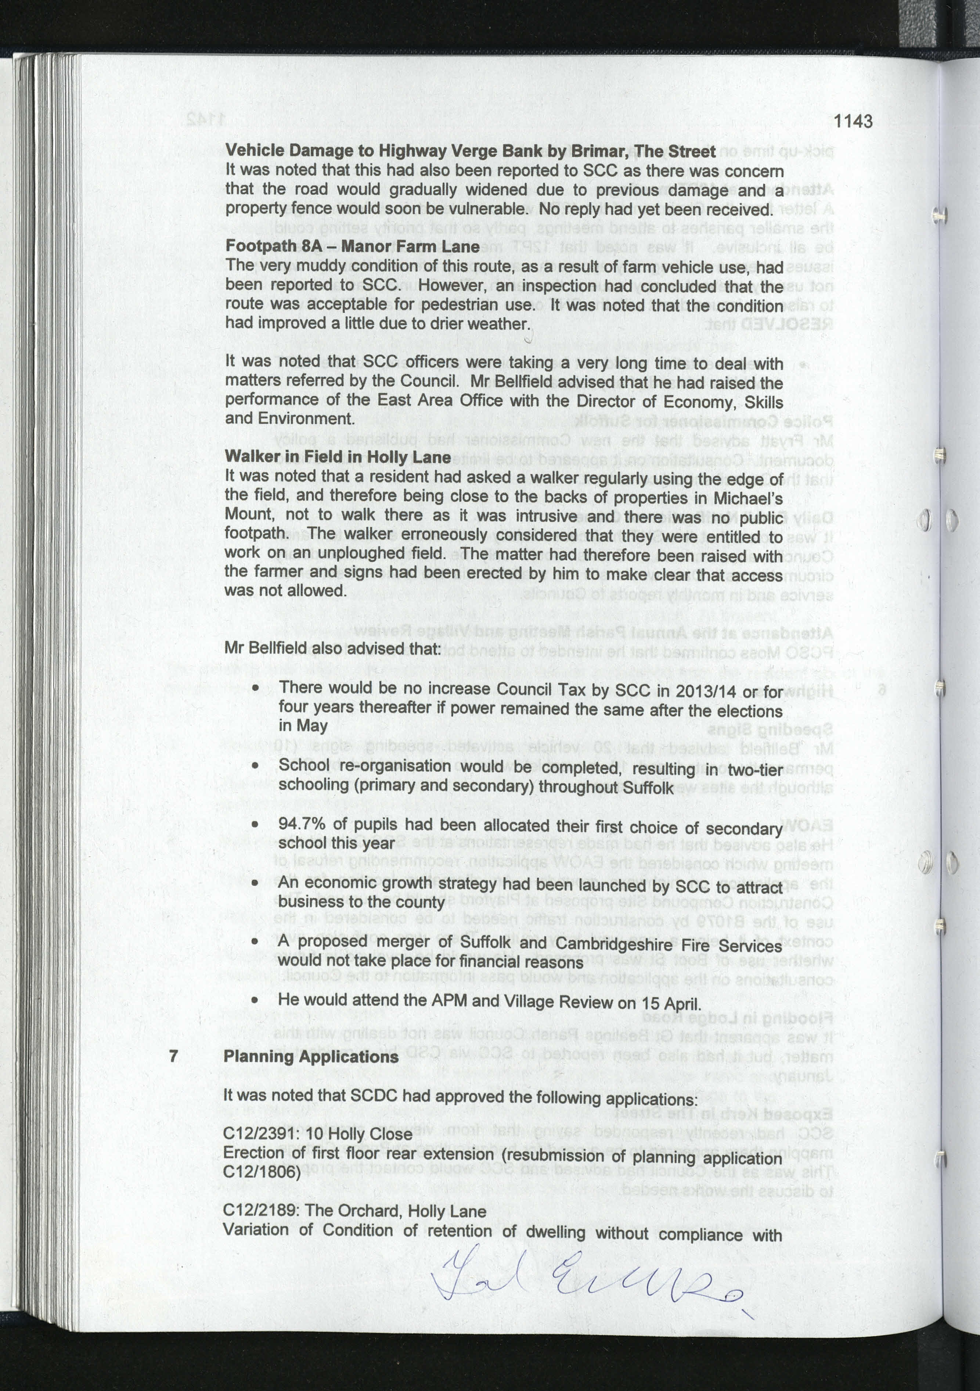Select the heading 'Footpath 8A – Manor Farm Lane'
tap(353, 246)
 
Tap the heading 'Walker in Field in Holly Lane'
tap(338, 457)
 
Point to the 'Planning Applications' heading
tap(311, 1057)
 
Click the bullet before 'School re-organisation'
tap(256, 766)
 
